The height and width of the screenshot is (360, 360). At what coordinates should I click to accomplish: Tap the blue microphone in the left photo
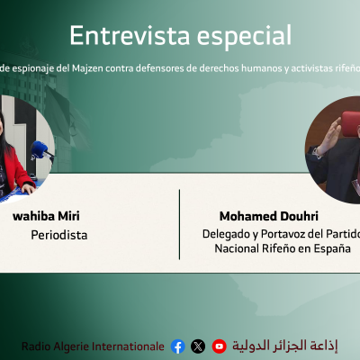37,149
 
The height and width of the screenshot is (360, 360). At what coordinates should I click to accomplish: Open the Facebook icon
177,346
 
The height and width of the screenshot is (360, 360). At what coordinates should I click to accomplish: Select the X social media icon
198,346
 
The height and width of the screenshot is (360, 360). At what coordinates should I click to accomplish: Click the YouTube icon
219,346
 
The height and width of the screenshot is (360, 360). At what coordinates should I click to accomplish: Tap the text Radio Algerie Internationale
93,346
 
